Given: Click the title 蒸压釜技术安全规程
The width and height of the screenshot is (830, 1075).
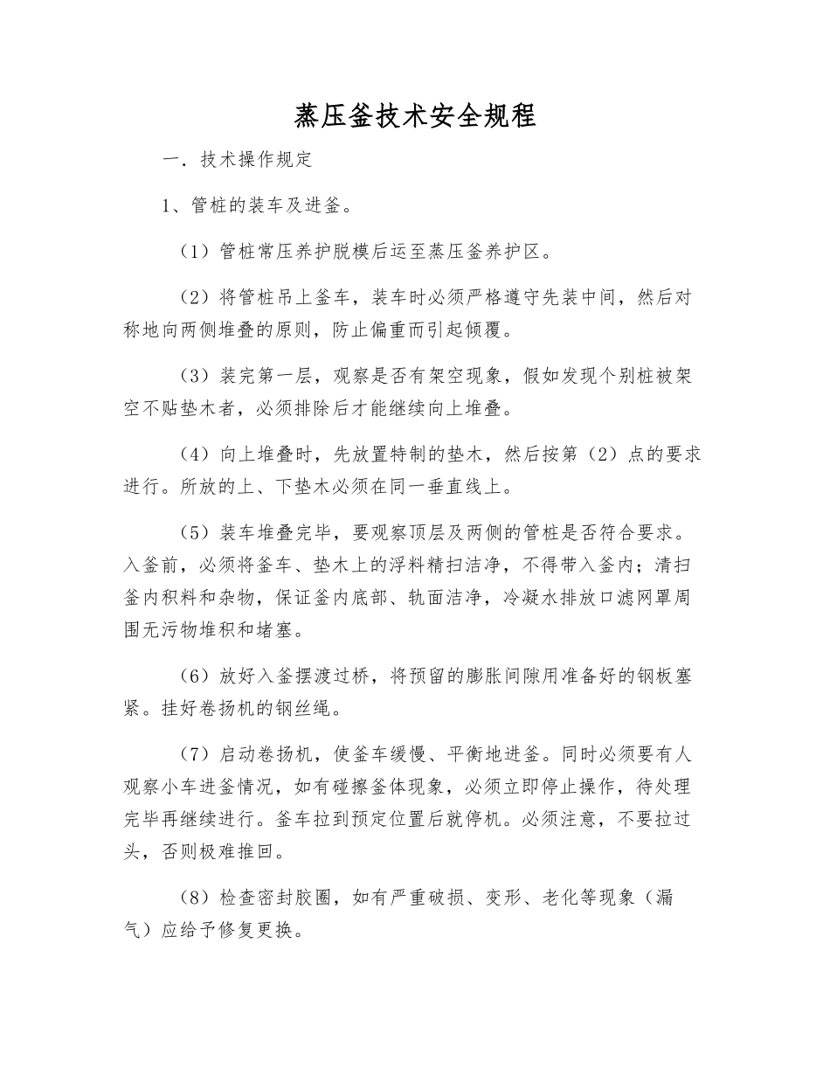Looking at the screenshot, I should (x=415, y=116).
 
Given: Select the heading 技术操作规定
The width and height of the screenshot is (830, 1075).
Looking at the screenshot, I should (x=256, y=161).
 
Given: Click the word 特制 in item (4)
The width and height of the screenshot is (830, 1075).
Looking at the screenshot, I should (x=389, y=454).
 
